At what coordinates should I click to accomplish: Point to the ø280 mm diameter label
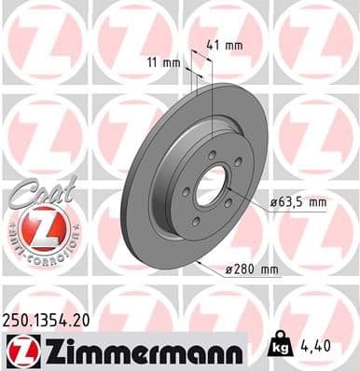(253, 271)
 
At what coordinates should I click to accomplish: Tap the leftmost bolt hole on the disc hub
(187, 193)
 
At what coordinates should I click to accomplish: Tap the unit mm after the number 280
(270, 271)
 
